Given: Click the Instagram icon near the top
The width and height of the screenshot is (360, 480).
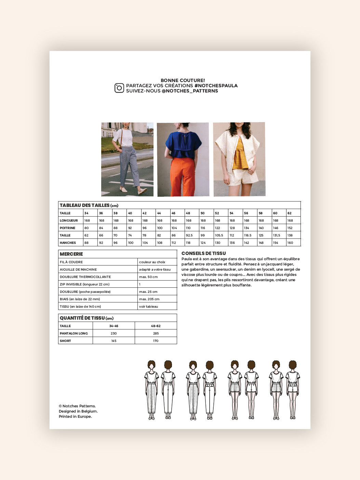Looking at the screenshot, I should click(119, 88).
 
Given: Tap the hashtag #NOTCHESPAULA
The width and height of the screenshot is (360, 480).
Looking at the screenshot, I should click(216, 86).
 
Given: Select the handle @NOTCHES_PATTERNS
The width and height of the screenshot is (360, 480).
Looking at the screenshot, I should click(190, 91).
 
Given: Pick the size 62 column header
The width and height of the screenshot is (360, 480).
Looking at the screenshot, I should click(290, 213).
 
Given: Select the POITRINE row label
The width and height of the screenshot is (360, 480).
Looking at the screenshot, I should click(68, 228).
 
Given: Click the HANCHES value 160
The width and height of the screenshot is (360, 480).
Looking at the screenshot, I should click(290, 243).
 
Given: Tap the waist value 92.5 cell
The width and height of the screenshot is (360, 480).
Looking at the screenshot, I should click(189, 235).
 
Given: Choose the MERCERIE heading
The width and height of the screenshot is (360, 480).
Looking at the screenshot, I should click(71, 254).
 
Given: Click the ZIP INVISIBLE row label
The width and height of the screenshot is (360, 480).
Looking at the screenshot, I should click(84, 284).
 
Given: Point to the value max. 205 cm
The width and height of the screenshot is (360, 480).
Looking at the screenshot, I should click(149, 299).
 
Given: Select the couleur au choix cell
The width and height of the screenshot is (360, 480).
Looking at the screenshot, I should click(152, 262).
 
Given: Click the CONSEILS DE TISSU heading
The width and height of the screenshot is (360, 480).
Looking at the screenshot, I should click(203, 254).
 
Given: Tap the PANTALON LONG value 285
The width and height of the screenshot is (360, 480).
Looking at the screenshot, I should click(156, 333).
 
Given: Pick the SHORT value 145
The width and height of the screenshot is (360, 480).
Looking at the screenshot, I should click(114, 341).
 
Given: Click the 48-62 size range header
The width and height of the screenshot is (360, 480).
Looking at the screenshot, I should click(156, 326).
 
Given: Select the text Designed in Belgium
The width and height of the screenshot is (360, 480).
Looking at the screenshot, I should click(78, 411).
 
